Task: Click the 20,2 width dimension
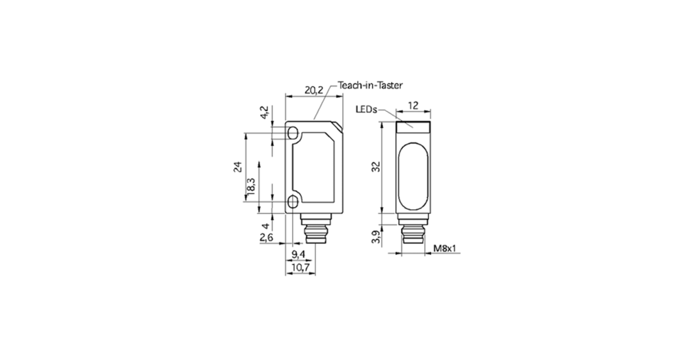314,90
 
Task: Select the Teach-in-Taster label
370,85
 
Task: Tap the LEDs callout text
366,109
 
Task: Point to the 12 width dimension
413,105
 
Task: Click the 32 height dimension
376,167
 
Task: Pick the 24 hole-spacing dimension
238,167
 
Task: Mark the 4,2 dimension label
263,113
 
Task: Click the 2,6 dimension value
266,238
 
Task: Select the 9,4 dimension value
299,254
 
